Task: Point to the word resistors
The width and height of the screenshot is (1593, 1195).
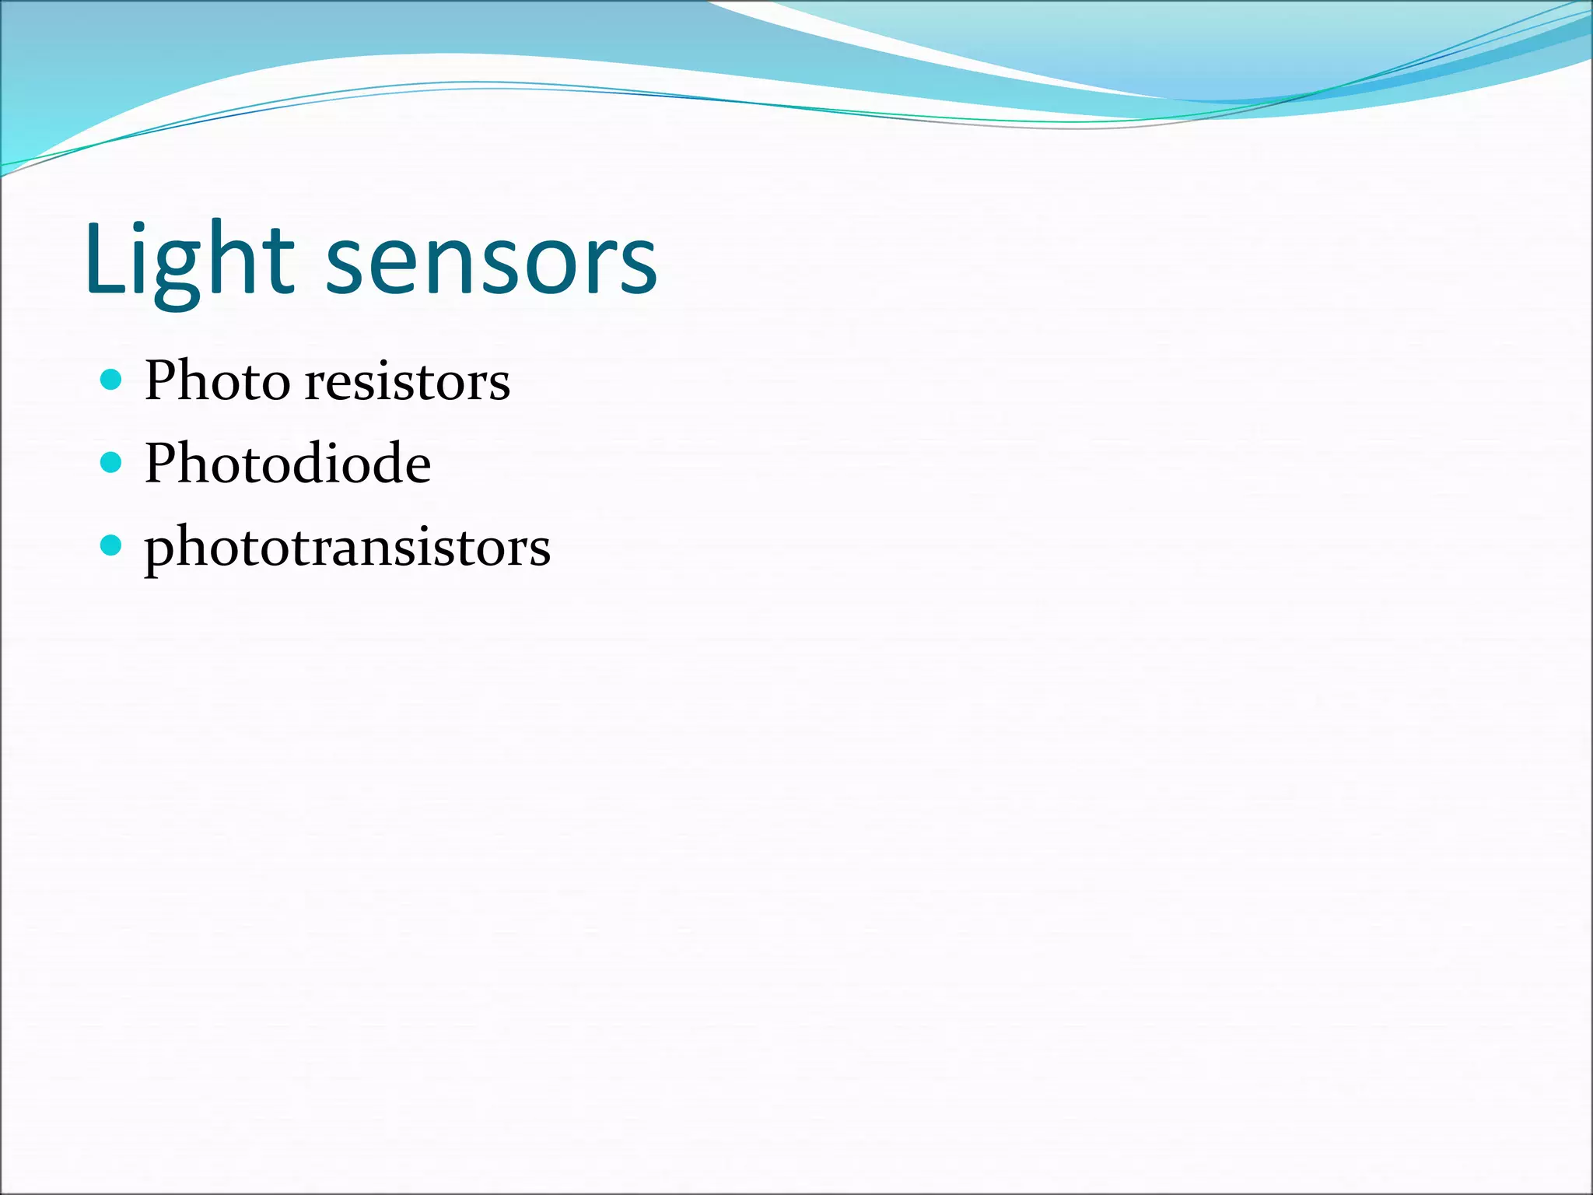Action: pos(407,383)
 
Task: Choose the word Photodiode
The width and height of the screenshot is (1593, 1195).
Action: pos(287,463)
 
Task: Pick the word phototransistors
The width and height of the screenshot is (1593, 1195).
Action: pos(347,548)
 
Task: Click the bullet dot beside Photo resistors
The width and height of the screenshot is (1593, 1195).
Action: pos(112,380)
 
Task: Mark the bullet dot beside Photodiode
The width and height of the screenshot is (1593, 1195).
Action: pos(112,463)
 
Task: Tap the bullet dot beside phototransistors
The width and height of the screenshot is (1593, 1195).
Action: pos(112,545)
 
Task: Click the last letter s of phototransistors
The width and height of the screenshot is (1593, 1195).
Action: pos(538,550)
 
